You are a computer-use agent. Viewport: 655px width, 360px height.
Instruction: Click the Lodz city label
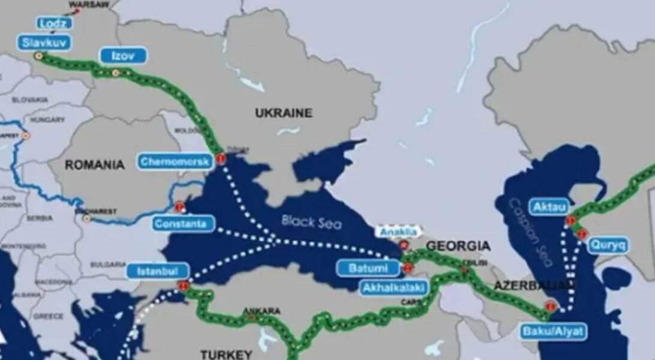click(55, 23)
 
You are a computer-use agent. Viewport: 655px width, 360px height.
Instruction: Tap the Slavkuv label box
click(44, 43)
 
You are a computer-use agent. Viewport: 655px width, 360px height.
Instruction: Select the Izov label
click(123, 56)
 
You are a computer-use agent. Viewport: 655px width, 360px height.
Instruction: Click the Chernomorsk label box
click(175, 161)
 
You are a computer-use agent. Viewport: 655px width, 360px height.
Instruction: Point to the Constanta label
click(183, 224)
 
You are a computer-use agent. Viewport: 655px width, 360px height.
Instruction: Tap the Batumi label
click(368, 268)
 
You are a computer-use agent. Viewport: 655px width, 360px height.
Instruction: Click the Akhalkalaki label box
click(394, 288)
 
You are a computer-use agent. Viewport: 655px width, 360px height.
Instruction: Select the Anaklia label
click(399, 231)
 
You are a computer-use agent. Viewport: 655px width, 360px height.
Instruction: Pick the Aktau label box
click(548, 207)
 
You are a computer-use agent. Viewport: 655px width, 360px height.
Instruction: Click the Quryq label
click(608, 245)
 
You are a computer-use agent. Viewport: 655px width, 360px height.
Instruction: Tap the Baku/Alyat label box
click(553, 331)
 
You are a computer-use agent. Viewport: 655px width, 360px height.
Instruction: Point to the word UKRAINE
click(284, 113)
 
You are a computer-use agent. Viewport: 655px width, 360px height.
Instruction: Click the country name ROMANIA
click(95, 164)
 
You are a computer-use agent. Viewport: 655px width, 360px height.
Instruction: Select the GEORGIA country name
click(458, 246)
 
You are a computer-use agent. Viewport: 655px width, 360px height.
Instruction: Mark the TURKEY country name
click(226, 354)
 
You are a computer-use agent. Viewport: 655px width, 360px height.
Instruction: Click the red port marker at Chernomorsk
click(221, 159)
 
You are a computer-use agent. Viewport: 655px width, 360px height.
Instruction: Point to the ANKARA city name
click(261, 311)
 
